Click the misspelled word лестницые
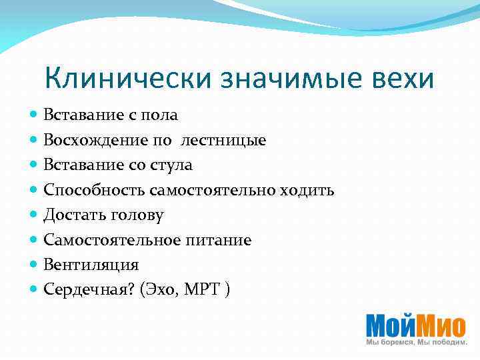click(x=223, y=141)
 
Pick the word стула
click(x=172, y=165)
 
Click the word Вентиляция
click(x=91, y=265)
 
